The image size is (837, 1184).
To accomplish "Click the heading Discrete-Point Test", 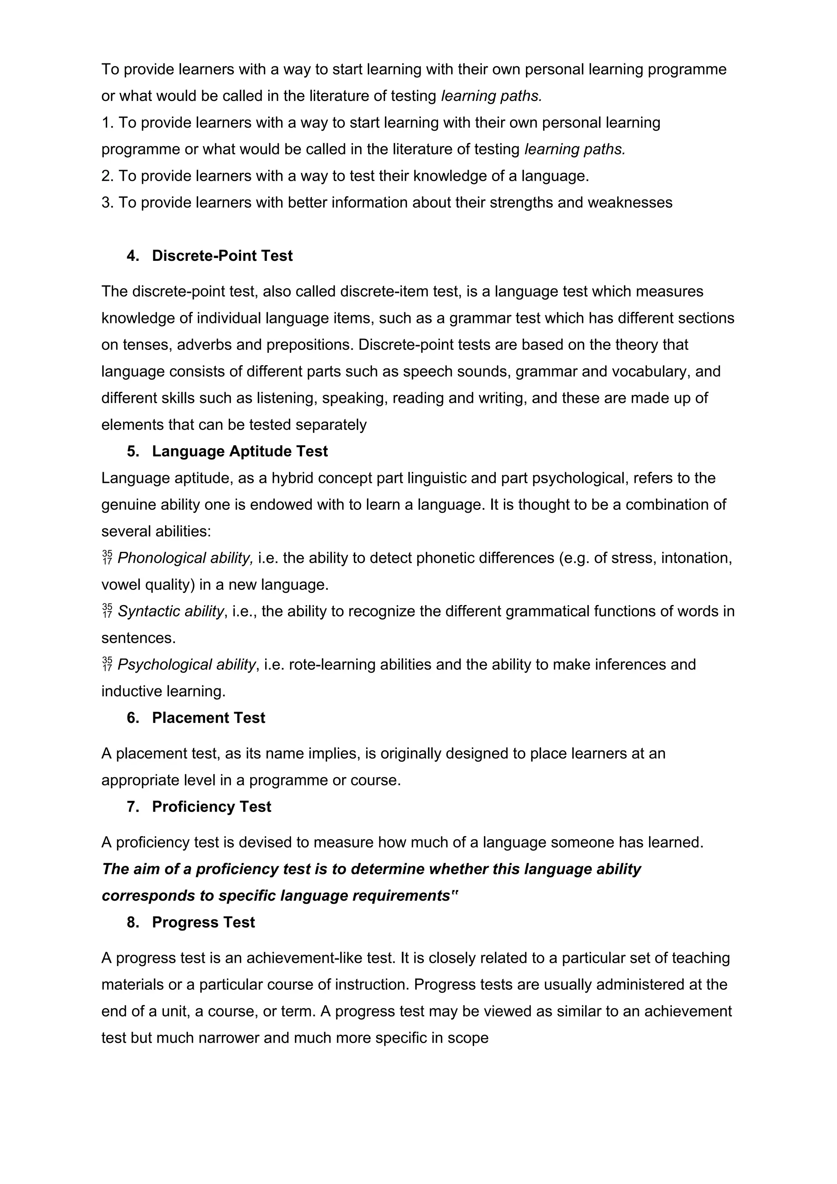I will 222,256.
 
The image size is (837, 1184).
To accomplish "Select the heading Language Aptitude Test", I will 239,451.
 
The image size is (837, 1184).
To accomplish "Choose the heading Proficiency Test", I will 211,807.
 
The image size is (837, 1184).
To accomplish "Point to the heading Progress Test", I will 203,922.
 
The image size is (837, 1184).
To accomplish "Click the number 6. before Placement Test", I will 133,718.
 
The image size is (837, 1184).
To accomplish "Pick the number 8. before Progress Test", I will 133,922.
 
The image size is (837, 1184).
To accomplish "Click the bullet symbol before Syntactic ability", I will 107,612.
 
